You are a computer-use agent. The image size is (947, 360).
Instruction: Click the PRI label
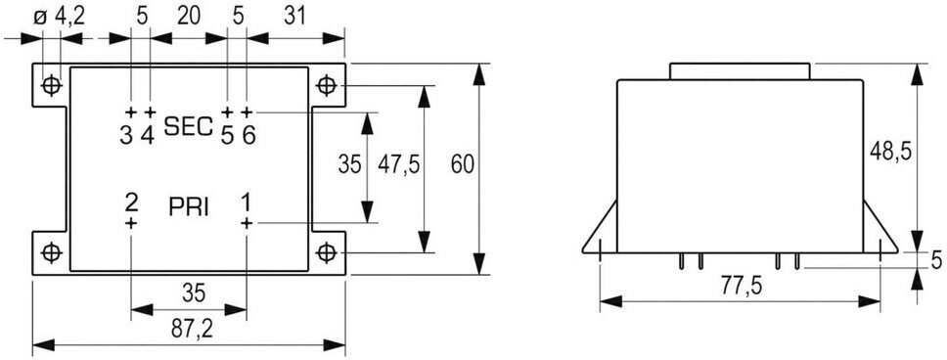(x=189, y=207)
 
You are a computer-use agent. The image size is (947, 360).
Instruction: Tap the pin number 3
(x=125, y=135)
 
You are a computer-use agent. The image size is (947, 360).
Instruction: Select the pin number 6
(x=248, y=135)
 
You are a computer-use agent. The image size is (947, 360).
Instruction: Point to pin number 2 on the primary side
(x=131, y=202)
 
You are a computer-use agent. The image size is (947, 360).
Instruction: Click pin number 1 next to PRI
(x=246, y=202)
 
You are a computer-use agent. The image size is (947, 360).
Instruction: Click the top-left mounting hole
(x=51, y=85)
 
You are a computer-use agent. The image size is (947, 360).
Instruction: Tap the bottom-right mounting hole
(x=326, y=251)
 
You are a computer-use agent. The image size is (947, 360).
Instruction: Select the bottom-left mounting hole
(x=51, y=251)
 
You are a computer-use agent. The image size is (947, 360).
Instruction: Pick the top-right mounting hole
(x=326, y=85)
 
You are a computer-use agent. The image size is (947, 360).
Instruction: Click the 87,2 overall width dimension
(x=189, y=329)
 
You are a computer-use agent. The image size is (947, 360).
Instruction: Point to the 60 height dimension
(x=463, y=164)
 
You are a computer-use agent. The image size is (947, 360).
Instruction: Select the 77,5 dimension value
(x=741, y=287)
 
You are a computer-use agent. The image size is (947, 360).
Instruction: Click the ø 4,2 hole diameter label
(x=59, y=17)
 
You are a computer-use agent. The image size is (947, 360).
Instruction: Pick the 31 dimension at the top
(x=294, y=17)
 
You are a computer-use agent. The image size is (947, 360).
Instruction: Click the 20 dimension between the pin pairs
(x=188, y=17)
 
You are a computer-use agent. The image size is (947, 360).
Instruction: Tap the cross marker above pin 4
(x=151, y=112)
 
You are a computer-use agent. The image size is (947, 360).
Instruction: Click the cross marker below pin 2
(x=131, y=223)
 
